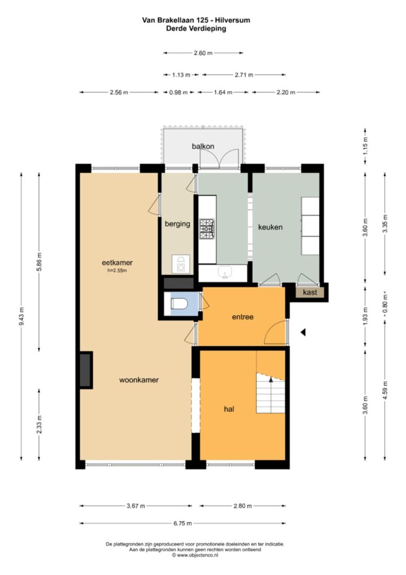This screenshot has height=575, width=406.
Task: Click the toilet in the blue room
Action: pos(179,304)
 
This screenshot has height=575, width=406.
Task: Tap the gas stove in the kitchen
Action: pos(207,229)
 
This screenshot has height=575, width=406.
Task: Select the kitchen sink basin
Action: pos(225,272)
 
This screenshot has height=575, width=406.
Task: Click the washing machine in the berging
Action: pos(181,264)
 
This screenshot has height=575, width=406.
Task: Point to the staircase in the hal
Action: pos(271,393)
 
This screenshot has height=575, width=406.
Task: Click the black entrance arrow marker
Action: pos(303,332)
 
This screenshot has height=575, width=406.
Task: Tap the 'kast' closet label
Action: pos(310,292)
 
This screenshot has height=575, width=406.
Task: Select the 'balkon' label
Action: pos(203,147)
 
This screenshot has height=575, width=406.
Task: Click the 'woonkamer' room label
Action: pos(139,380)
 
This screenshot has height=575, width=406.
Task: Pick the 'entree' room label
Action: pos(242,317)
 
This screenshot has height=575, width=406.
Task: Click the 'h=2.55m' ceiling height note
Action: pos(117,271)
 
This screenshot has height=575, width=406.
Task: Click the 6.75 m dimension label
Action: pos(183,523)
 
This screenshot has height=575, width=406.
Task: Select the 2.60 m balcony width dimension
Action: pos(203,53)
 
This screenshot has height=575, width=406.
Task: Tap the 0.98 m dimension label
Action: pos(178,92)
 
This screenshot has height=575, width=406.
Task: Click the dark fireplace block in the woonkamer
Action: pos(86,370)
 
